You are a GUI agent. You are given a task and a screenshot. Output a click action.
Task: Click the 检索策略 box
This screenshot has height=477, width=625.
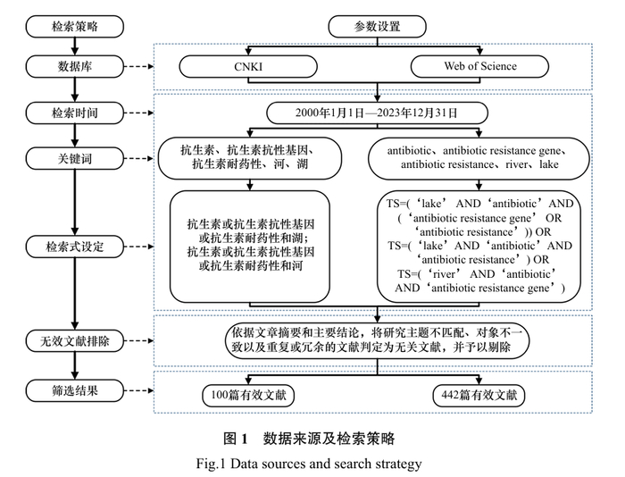point(74,26)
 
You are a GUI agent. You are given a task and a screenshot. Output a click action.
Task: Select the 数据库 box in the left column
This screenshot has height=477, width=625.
point(74,66)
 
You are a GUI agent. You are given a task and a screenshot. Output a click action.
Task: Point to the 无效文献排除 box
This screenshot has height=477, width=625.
point(74,339)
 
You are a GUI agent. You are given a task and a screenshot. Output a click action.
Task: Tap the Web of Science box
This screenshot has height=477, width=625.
point(479,66)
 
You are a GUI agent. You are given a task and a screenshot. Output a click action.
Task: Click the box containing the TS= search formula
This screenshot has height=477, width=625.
point(480,246)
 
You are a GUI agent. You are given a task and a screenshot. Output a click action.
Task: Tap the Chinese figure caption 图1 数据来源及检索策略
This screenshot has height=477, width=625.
point(308,439)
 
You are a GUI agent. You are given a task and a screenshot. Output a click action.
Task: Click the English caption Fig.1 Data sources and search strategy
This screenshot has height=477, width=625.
point(308,463)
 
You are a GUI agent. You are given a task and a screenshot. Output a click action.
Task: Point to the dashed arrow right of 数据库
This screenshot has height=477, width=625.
point(138,66)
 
